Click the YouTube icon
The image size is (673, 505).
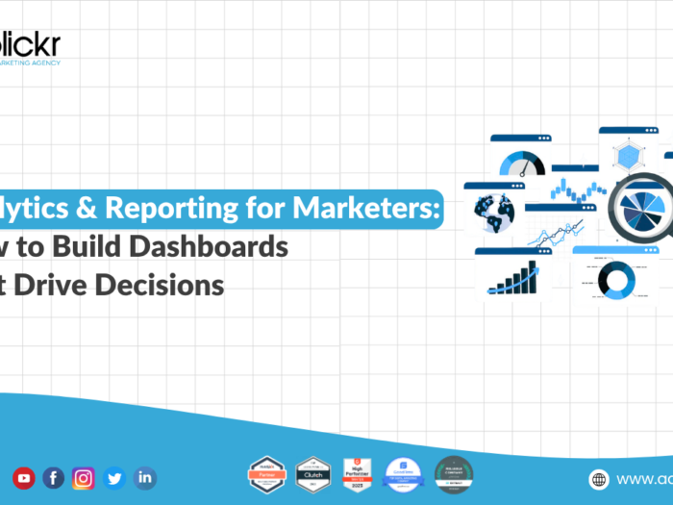click(x=24, y=477)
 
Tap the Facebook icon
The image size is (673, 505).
click(x=54, y=477)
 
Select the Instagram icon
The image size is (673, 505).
click(x=84, y=477)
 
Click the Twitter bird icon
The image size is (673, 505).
click(x=114, y=477)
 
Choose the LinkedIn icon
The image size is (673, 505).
click(x=144, y=477)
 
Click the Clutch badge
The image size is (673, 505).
click(x=312, y=475)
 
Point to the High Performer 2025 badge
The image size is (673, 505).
click(x=358, y=475)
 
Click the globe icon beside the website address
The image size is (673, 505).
click(x=599, y=479)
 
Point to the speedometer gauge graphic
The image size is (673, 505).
click(x=520, y=160)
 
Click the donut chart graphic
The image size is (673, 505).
click(x=615, y=278)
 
